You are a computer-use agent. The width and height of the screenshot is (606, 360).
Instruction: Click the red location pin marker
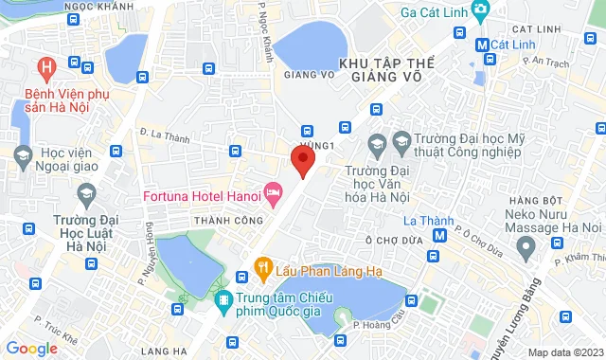click(x=302, y=159)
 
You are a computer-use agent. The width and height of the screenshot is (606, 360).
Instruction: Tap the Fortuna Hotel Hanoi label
click(x=201, y=196)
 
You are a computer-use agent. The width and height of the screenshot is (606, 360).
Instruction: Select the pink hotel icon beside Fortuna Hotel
click(x=273, y=194)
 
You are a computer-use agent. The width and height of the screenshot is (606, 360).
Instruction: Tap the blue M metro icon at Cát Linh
click(x=482, y=44)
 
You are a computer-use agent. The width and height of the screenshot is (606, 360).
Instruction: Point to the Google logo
click(x=30, y=349)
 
